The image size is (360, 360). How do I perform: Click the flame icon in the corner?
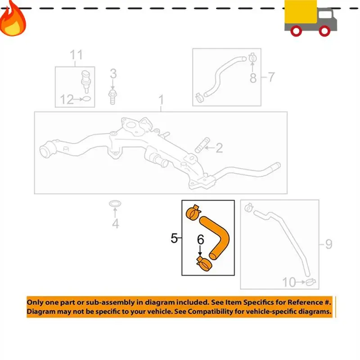coord(12,18)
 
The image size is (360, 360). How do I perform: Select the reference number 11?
coord(76,55)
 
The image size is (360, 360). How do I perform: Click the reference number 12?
coord(67,99)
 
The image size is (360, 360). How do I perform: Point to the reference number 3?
coord(113,73)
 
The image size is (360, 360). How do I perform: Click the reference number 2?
coord(219,148)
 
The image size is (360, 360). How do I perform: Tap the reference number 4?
coord(116,223)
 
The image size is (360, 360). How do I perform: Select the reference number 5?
coord(174,238)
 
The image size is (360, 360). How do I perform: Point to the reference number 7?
coord(271,77)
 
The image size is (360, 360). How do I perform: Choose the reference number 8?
coord(253,78)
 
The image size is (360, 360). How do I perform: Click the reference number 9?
coord(328,244)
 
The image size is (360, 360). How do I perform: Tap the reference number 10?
coord(289,283)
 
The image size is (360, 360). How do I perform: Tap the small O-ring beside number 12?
coord(87,99)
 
